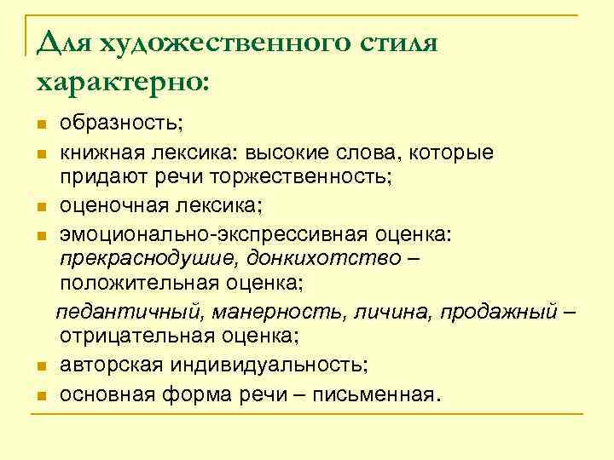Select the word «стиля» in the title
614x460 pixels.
[x=397, y=43]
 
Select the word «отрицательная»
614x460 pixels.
[x=139, y=336]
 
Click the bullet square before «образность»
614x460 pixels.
[x=42, y=126]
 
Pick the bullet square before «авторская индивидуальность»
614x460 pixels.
[x=42, y=366]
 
